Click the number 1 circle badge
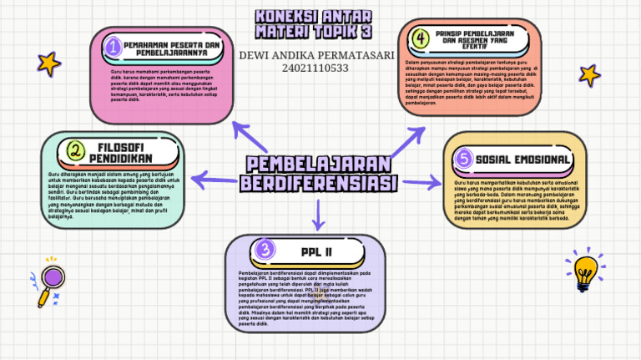click(113, 48)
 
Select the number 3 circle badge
click(264, 249)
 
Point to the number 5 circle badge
click(464, 159)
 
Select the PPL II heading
click(317, 250)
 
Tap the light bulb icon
click(586, 269)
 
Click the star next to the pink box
click(49, 63)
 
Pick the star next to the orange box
click(589, 75)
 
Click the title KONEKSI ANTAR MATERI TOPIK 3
click(314, 24)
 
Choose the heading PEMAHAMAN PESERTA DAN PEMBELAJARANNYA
click(171, 48)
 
